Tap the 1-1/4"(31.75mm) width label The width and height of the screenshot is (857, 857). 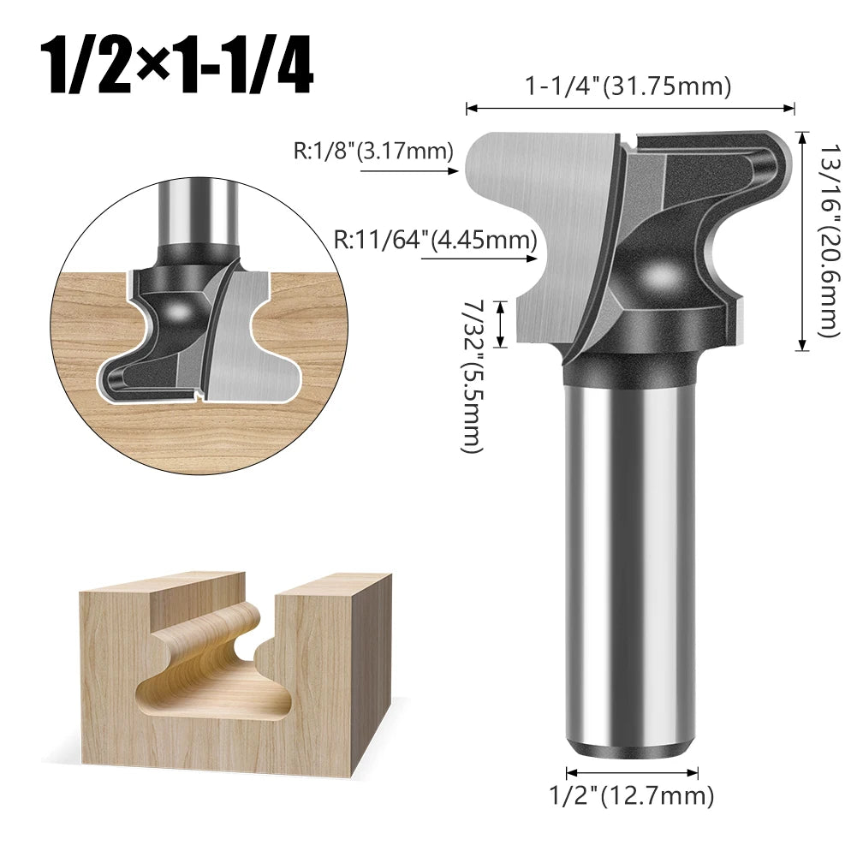pyautogui.click(x=629, y=86)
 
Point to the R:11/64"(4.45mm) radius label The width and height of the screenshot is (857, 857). pyautogui.click(x=436, y=239)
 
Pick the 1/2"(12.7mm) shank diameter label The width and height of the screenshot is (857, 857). pyautogui.click(x=630, y=797)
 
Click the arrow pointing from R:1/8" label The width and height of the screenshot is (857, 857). pyautogui.click(x=411, y=171)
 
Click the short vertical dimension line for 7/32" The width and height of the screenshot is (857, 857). pyautogui.click(x=503, y=324)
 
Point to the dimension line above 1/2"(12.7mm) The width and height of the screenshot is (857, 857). pyautogui.click(x=630, y=770)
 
